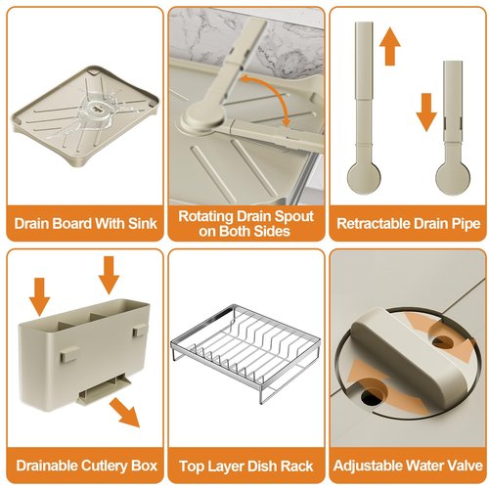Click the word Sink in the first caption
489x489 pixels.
click(143, 224)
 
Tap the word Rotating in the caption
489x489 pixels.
click(205, 216)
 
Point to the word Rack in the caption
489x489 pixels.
click(296, 467)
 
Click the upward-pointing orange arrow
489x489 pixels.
click(390, 46)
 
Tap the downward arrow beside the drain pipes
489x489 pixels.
click(426, 112)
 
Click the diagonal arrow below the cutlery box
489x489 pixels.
click(125, 412)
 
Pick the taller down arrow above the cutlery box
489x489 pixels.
click(109, 275)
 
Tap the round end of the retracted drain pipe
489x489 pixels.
click(453, 179)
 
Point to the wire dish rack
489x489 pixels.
click(245, 351)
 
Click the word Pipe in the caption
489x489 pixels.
click(467, 224)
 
